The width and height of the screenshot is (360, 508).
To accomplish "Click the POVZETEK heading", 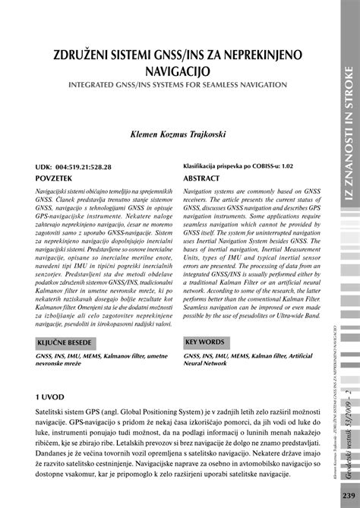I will click(x=60, y=175).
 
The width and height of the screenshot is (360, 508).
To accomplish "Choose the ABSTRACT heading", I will click(x=206, y=175).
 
